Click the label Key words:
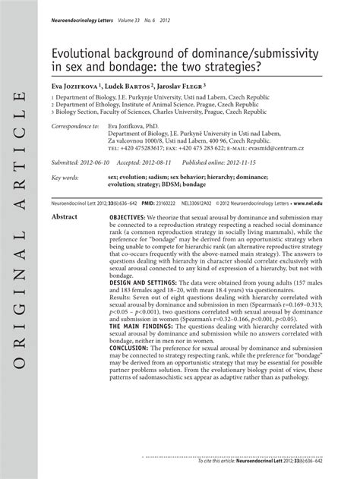(x=66, y=178)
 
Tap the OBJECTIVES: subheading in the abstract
(x=119, y=217)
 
